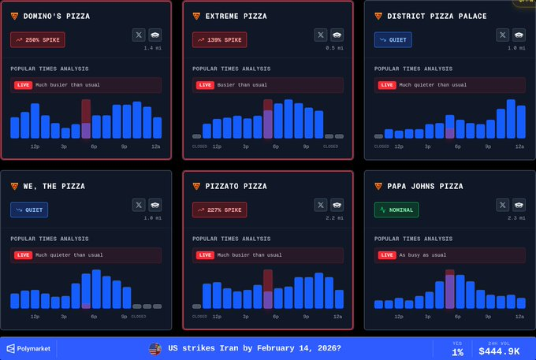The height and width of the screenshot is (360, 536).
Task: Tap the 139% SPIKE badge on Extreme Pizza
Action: [219, 39]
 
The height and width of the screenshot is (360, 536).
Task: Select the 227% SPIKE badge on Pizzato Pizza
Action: [219, 210]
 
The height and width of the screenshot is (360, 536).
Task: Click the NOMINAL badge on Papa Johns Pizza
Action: [396, 210]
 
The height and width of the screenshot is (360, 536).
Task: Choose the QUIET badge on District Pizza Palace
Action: [393, 39]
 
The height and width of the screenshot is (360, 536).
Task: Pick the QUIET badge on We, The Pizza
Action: [29, 210]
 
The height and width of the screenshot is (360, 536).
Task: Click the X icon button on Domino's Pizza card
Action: [139, 35]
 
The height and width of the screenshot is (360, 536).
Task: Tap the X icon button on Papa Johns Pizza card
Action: [503, 205]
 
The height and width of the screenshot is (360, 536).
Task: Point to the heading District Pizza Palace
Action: [437, 16]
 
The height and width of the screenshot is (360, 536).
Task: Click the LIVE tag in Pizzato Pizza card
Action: [204, 255]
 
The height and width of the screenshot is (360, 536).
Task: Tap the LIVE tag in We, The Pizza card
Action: [23, 255]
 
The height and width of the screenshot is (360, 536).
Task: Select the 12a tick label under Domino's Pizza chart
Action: [156, 147]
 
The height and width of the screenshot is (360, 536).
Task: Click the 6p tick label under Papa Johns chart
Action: [458, 317]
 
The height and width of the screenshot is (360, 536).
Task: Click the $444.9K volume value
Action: [499, 351]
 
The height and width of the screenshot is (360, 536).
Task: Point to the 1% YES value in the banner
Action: [457, 352]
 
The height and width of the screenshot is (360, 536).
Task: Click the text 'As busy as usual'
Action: [422, 255]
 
